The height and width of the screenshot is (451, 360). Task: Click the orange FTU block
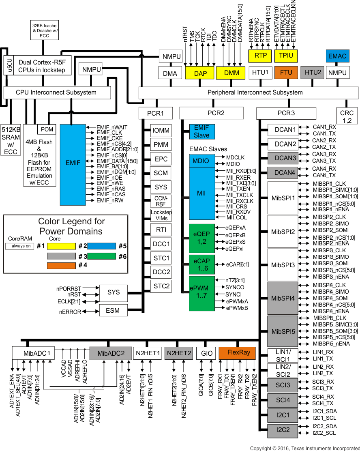286,73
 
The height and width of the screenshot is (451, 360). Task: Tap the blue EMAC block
337,56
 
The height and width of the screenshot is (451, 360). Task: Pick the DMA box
169,73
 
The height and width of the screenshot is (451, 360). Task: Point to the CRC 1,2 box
347,115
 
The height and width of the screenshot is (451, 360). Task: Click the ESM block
113,311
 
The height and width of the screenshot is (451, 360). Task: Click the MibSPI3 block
283,265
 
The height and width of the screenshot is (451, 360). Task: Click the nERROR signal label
71,312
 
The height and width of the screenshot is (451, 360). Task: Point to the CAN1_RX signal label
324,127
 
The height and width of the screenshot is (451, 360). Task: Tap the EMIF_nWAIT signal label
112,127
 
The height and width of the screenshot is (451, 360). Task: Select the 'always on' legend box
20,246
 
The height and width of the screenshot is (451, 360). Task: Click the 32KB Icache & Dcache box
46,30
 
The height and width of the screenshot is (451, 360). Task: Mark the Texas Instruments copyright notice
304,448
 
